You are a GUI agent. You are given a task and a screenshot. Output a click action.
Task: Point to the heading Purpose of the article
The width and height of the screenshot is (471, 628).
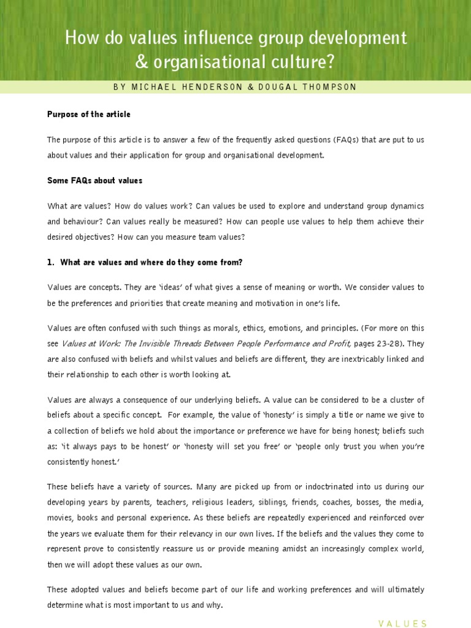pyautogui.click(x=89, y=115)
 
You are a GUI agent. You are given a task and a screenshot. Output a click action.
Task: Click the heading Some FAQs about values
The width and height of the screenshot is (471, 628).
pyautogui.click(x=94, y=180)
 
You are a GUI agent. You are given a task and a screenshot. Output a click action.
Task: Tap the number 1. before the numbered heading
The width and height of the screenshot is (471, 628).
pyautogui.click(x=51, y=262)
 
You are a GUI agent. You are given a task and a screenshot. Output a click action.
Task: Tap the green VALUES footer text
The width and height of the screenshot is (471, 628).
pyautogui.click(x=402, y=624)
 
